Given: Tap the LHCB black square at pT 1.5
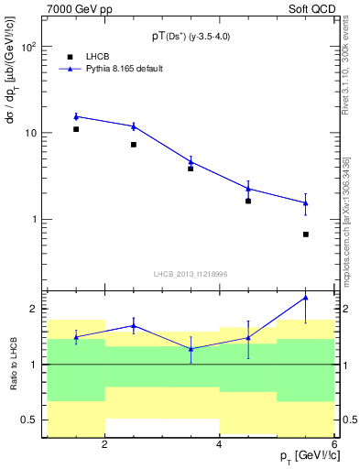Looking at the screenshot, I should click(76, 129).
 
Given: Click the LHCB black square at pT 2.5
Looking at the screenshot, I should click(134, 145).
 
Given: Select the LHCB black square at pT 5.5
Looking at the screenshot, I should click(306, 234).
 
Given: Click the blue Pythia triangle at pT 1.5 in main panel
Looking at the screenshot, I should click(76, 116).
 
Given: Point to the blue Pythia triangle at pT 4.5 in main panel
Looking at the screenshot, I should click(248, 189).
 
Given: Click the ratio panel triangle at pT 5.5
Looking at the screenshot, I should click(306, 298).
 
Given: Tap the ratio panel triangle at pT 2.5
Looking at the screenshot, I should click(134, 325).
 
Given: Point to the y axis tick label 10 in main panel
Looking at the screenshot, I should click(31, 133).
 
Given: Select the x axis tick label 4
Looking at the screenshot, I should click(219, 444).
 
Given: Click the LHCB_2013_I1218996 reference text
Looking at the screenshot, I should click(190, 273).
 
